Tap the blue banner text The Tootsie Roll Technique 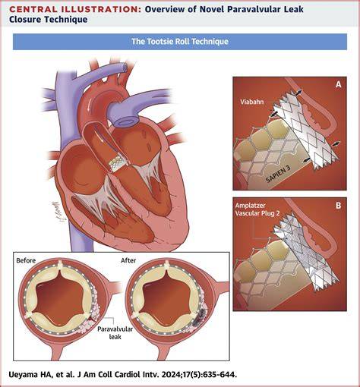pyautogui.click(x=180, y=41)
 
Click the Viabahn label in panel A pyautogui.click(x=252, y=102)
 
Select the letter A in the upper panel pyautogui.click(x=338, y=84)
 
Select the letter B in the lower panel pyautogui.click(x=338, y=206)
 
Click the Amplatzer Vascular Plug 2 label pyautogui.click(x=257, y=209)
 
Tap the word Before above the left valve pyautogui.click(x=26, y=260)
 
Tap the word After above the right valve pyautogui.click(x=128, y=260)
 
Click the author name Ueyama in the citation pyautogui.click(x=23, y=374)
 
